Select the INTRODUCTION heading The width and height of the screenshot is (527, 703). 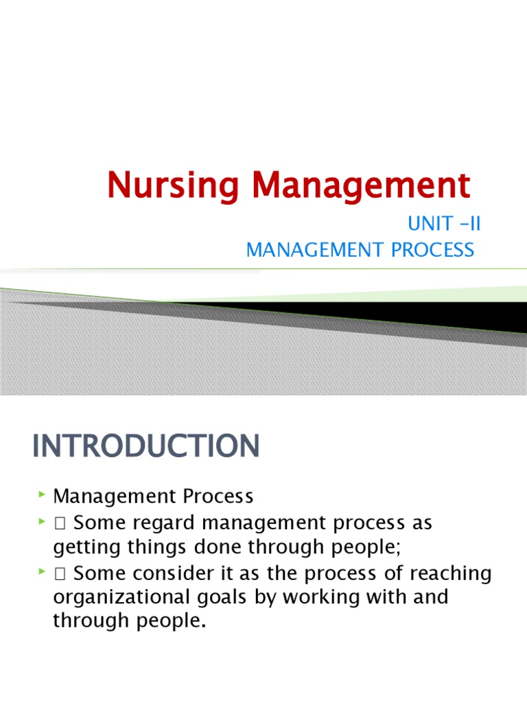pyautogui.click(x=145, y=446)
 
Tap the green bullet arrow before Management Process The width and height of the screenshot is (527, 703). pyautogui.click(x=42, y=494)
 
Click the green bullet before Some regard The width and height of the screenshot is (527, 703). pyautogui.click(x=42, y=522)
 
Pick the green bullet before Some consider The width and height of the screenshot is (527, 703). pyautogui.click(x=42, y=573)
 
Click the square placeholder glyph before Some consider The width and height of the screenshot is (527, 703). pyautogui.click(x=60, y=573)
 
